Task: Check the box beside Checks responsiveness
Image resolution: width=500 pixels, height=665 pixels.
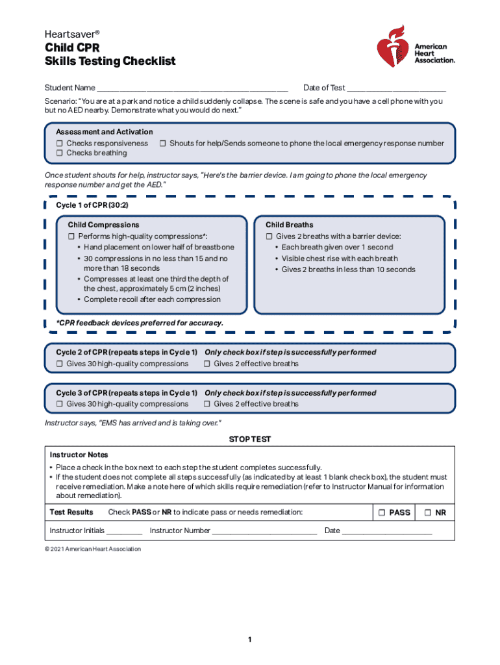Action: tap(60, 144)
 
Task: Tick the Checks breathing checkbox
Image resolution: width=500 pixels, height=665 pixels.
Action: tap(60, 153)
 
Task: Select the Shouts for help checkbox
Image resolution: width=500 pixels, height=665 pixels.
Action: tap(164, 144)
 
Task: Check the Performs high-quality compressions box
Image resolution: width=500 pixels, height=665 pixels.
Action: tap(72, 236)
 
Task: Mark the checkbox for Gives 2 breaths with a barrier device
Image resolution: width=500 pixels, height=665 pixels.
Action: tap(269, 236)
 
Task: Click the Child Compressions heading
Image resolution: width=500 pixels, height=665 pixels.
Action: tap(104, 225)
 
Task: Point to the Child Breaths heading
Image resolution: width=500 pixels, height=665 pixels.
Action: tap(289, 225)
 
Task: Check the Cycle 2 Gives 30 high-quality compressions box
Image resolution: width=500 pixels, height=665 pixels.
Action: tap(60, 364)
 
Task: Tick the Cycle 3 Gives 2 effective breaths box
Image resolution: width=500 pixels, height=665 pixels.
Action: tap(207, 404)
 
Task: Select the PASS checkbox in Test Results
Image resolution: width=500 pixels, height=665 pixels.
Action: tap(381, 512)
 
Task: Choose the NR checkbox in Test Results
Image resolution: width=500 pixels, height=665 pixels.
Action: tap(428, 512)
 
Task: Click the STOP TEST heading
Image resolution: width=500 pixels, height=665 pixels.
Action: tap(250, 440)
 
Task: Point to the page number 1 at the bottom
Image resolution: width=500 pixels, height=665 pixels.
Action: tap(249, 640)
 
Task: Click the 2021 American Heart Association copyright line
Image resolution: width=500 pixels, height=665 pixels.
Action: tap(93, 549)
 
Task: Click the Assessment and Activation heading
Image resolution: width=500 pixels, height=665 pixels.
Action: tap(105, 132)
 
